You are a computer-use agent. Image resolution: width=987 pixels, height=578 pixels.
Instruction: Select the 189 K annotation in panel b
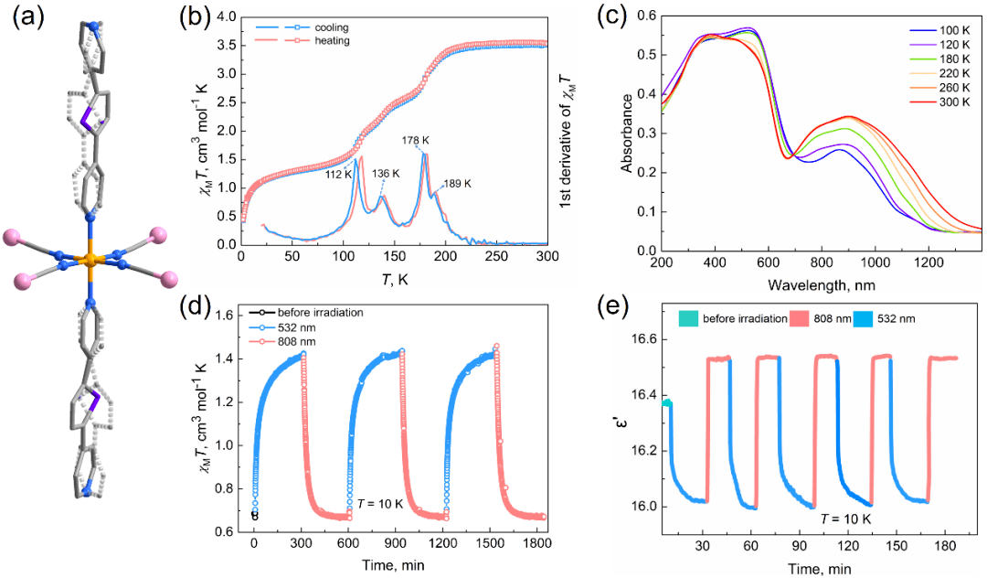tap(456, 184)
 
